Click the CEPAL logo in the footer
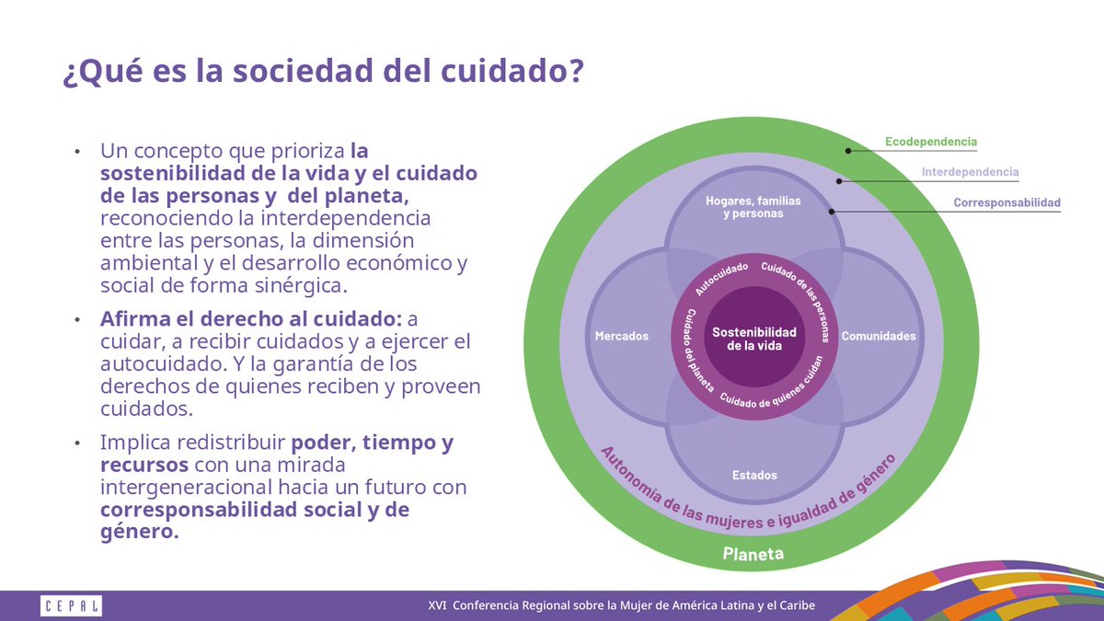click(x=72, y=605)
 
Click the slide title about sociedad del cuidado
click(x=322, y=72)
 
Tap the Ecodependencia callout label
click(x=930, y=143)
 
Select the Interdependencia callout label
click(x=970, y=172)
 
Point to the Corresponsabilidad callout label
click(x=1006, y=202)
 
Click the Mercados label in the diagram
click(x=622, y=336)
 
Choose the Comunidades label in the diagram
click(x=879, y=336)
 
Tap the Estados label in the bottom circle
click(x=754, y=476)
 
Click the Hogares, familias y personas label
click(x=753, y=207)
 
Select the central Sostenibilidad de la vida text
click(x=754, y=338)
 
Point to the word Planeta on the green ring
click(x=753, y=554)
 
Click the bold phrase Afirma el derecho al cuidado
click(x=250, y=319)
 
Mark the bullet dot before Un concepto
click(x=78, y=151)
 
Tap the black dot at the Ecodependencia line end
click(x=848, y=150)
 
